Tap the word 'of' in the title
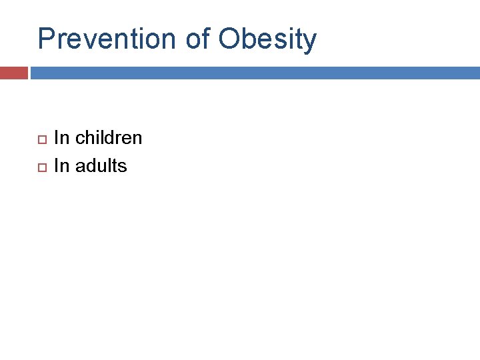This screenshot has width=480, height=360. click(198, 39)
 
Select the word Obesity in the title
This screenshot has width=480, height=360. click(267, 39)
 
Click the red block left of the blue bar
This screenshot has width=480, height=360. click(13, 73)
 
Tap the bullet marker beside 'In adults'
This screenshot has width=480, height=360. click(41, 167)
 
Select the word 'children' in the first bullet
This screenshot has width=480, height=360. click(109, 138)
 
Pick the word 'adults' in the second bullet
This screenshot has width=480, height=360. click(101, 165)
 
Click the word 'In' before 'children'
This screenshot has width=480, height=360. click(61, 138)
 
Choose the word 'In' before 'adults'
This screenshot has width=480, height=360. click(61, 165)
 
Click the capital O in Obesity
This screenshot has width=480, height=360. click(229, 39)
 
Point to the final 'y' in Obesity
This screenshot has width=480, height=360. click(309, 41)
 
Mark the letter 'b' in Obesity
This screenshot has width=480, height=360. click(249, 39)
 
